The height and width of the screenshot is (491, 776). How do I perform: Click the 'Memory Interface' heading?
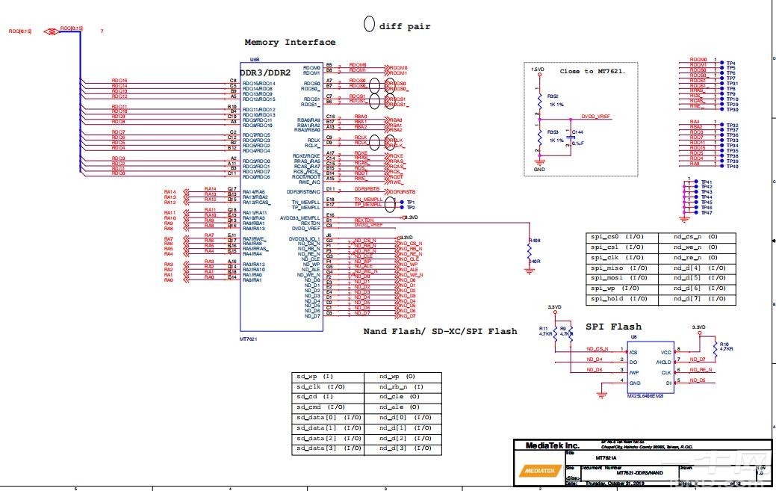coord(290,43)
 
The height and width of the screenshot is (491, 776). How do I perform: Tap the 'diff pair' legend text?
coord(404,26)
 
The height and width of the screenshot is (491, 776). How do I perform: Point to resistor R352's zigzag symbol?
coord(538,100)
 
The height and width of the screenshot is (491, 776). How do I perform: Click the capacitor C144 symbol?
coord(570,139)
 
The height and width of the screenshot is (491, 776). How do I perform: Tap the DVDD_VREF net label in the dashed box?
coord(595,117)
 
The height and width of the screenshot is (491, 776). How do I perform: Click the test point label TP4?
coord(731,64)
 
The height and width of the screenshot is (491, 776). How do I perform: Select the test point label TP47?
coord(707,213)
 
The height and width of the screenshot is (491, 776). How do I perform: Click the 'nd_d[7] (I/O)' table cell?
coord(695,299)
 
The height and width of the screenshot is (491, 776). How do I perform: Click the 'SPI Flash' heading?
coord(613,327)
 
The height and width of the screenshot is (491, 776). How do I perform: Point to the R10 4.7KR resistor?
coord(716,347)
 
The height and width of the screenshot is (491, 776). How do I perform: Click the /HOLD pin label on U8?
coord(663,362)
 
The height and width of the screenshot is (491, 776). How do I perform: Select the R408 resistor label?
coord(534,241)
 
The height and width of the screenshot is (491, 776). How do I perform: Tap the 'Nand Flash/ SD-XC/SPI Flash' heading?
coord(440,331)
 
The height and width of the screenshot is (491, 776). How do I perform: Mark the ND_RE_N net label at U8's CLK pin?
coord(701,370)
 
